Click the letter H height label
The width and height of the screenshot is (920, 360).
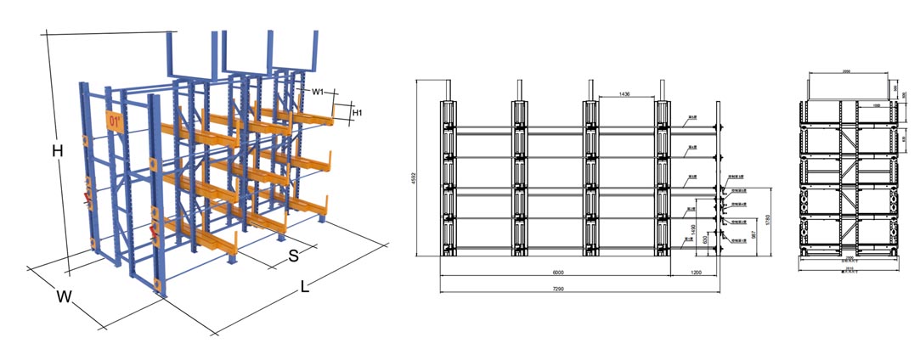point(57,151)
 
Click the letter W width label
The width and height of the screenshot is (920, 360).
point(64,297)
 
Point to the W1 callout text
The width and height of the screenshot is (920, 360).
point(317,92)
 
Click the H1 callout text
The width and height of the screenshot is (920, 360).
point(358,112)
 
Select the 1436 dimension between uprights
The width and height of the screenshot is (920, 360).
point(628,94)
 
